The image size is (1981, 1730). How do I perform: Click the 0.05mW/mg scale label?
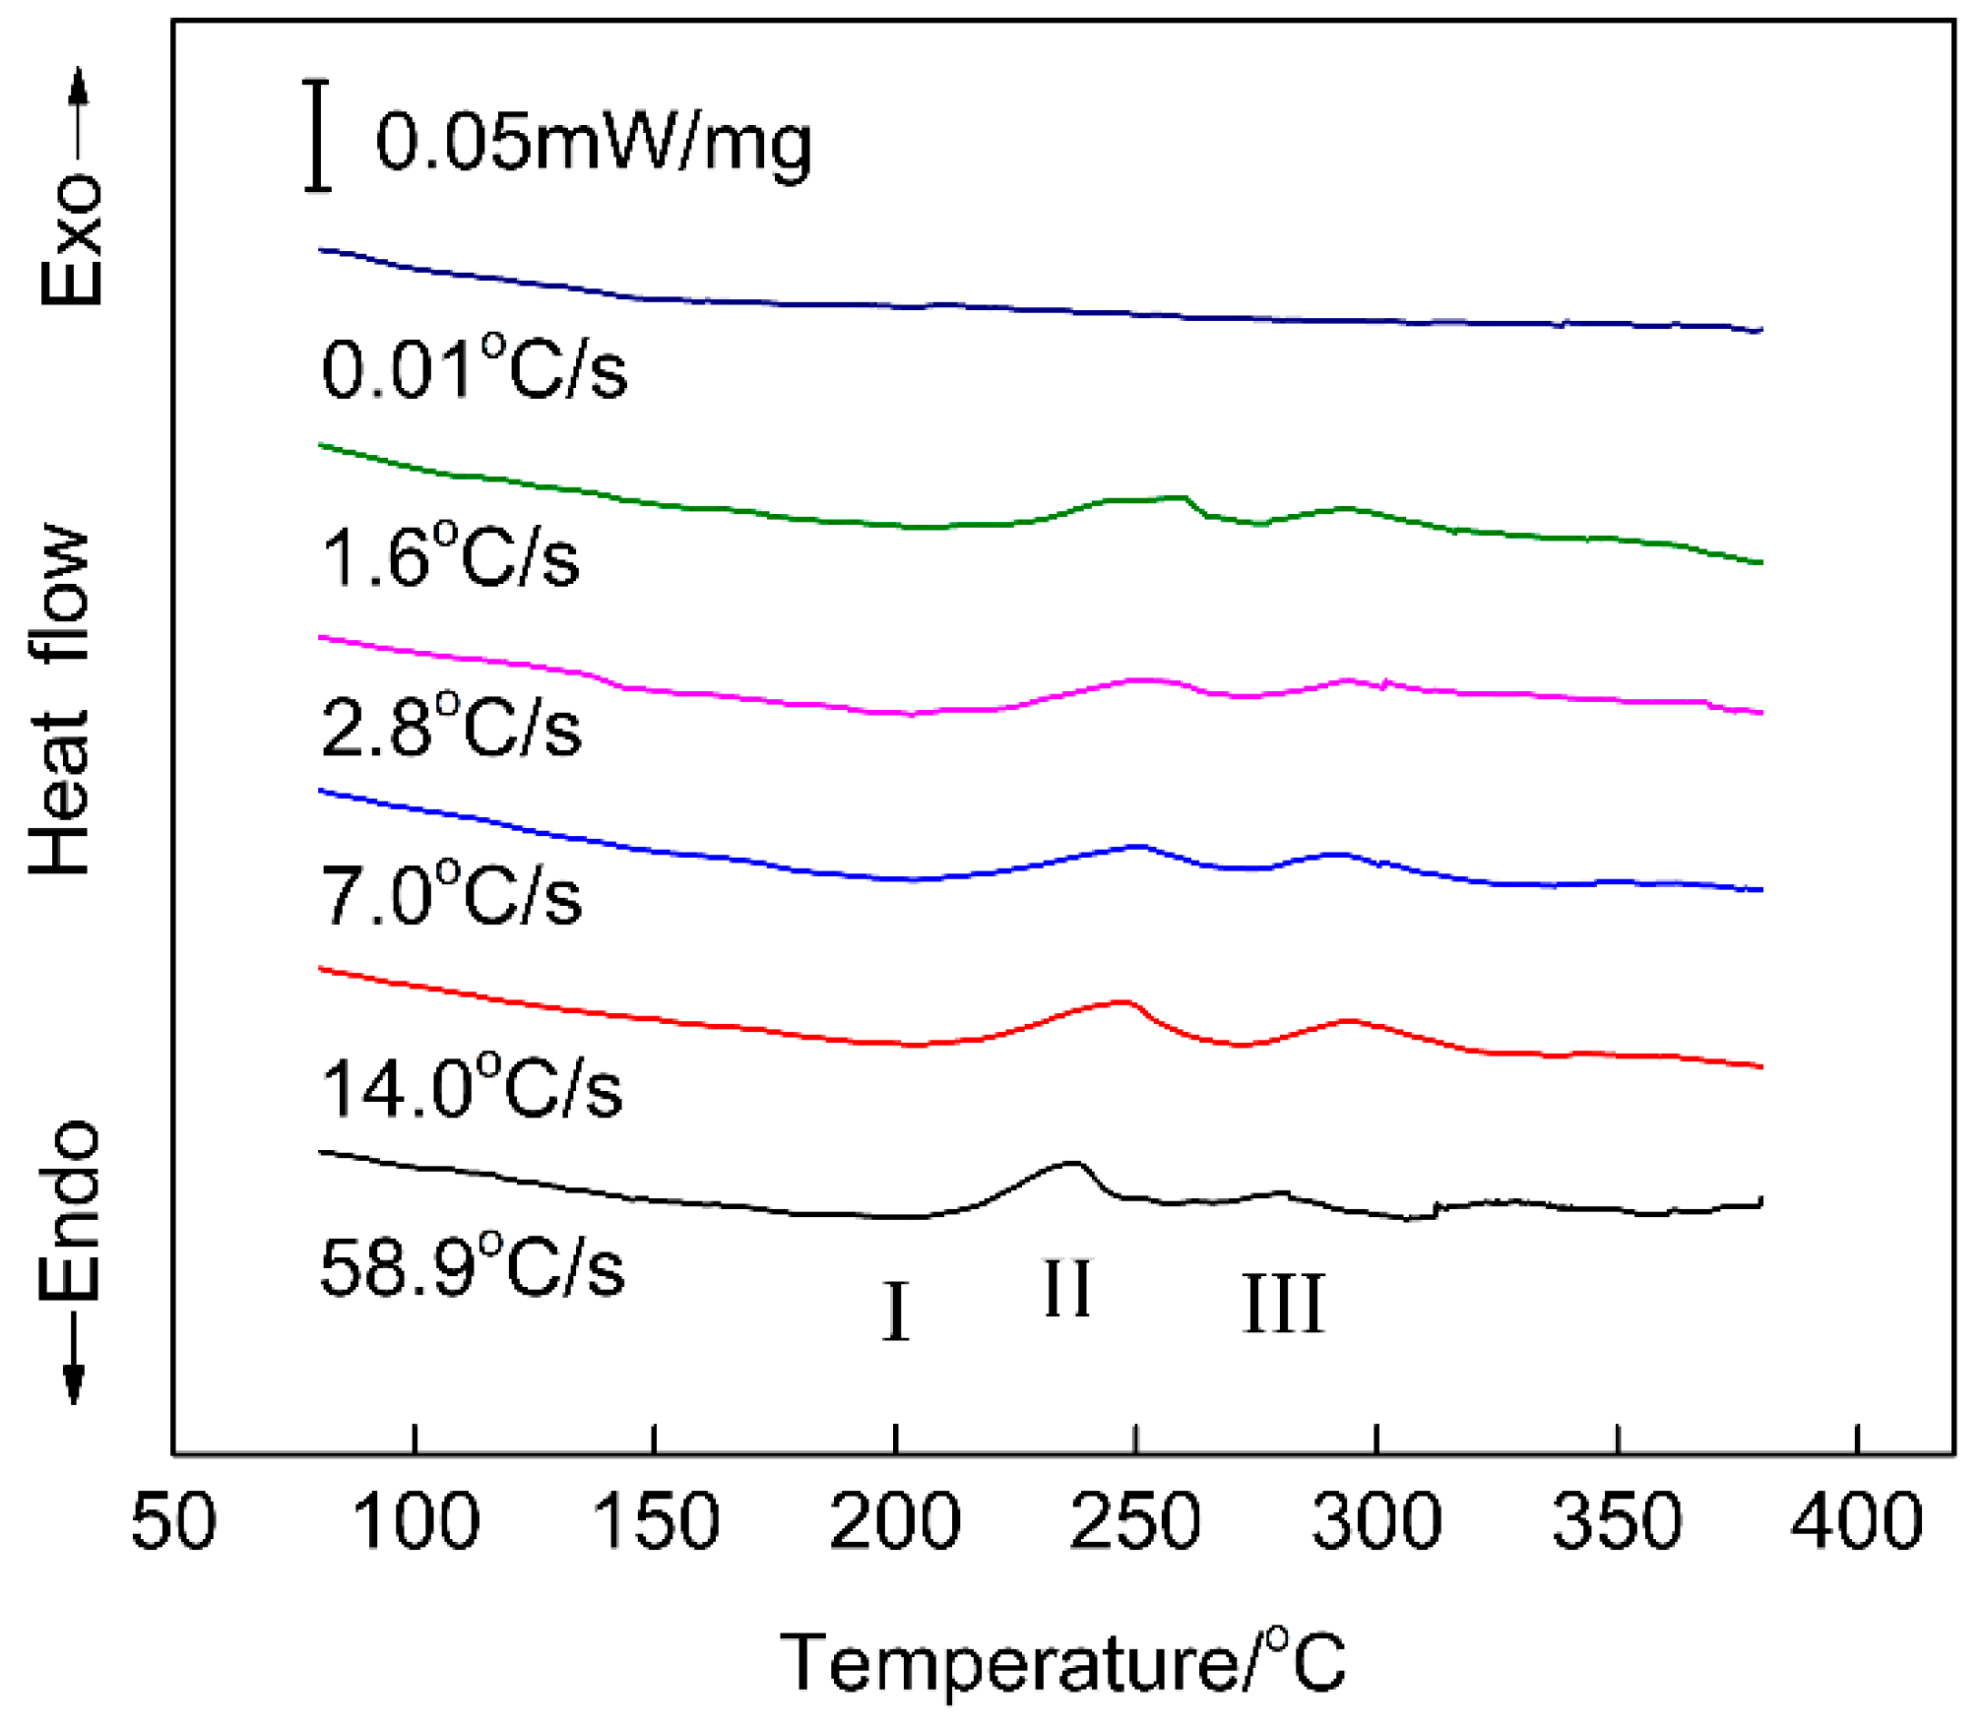pyautogui.click(x=594, y=144)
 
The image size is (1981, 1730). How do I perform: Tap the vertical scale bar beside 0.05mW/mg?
pyautogui.click(x=317, y=136)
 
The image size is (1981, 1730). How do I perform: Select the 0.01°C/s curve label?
pyautogui.click(x=474, y=368)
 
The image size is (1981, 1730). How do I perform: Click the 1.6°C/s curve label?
pyautogui.click(x=450, y=556)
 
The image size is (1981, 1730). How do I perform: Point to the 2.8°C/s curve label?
pyautogui.click(x=451, y=726)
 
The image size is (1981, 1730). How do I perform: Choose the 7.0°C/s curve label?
pyautogui.click(x=451, y=894)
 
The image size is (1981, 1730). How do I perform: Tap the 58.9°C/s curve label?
pyautogui.click(x=472, y=1267)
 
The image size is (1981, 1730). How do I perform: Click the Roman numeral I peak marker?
pyautogui.click(x=895, y=1312)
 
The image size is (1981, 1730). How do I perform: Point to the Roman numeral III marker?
pyautogui.click(x=1283, y=1304)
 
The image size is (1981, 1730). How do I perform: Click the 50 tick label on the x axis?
pyautogui.click(x=173, y=1521)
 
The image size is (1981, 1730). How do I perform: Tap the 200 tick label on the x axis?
pyautogui.click(x=894, y=1521)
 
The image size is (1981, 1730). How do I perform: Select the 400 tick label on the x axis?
pyautogui.click(x=1856, y=1521)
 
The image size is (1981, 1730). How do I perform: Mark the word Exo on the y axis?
pyautogui.click(x=71, y=241)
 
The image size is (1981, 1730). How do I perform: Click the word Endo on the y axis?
pyautogui.click(x=71, y=1211)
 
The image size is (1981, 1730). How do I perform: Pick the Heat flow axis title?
pyautogui.click(x=61, y=699)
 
